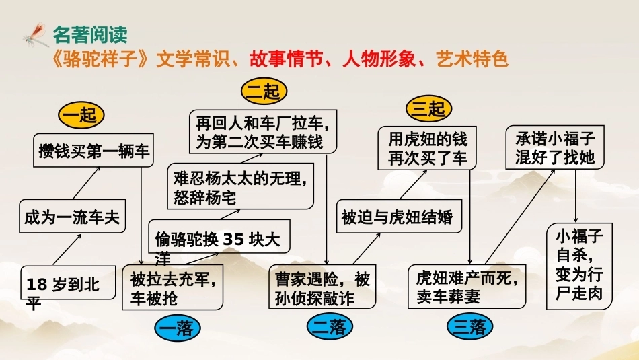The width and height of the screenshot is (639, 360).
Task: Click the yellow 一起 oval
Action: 81,115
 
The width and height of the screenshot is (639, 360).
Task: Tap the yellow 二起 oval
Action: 264,91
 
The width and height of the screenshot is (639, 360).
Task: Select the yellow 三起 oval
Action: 428,109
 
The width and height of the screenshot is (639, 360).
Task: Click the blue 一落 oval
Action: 178,328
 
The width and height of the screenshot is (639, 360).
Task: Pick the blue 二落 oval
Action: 330,326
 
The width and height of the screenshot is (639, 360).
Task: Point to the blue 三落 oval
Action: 470,326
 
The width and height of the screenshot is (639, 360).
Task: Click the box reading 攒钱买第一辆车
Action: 93,150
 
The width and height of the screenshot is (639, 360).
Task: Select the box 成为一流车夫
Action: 72,216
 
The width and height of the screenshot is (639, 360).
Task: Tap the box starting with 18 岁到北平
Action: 68,283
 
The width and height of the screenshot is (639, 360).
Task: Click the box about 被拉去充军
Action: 172,287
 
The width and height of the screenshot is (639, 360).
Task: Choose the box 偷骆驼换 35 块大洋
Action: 219,236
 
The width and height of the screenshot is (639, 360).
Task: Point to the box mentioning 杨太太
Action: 240,186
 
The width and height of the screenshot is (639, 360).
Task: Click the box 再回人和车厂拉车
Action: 263,131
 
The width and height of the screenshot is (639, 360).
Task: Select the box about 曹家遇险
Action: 322,286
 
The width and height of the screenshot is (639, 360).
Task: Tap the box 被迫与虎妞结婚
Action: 399,216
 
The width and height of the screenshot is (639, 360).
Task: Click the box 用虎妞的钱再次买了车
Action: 427,147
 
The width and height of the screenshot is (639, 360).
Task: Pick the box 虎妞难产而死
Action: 467,286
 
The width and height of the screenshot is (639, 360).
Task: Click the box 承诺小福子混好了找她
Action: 555,147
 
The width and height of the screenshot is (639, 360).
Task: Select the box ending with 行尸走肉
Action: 580,266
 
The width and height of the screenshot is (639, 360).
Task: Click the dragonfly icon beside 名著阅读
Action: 36,35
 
